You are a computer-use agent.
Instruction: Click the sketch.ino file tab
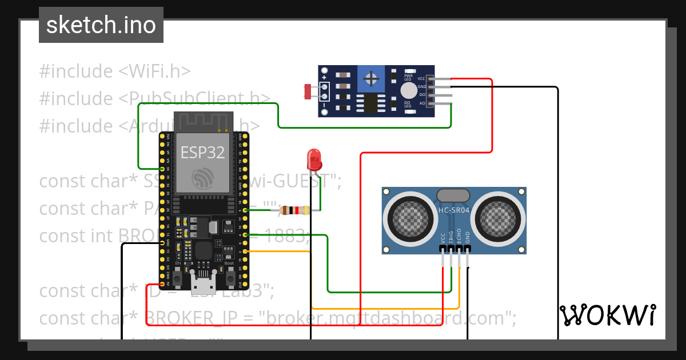(101, 25)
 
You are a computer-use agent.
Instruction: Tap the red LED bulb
(314, 159)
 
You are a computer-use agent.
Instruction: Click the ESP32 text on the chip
(202, 152)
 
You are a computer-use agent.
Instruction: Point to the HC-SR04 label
(453, 210)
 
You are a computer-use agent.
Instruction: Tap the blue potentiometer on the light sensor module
(372, 78)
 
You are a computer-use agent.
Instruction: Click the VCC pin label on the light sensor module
(421, 78)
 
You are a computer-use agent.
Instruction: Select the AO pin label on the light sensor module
(422, 103)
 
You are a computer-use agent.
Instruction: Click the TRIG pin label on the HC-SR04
(451, 238)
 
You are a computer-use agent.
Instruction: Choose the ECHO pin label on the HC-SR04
(459, 238)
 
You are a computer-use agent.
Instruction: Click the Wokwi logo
(607, 315)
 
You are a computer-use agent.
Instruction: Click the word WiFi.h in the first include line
(155, 71)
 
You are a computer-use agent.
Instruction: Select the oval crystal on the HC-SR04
(453, 195)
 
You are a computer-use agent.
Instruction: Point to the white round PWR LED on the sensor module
(409, 90)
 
